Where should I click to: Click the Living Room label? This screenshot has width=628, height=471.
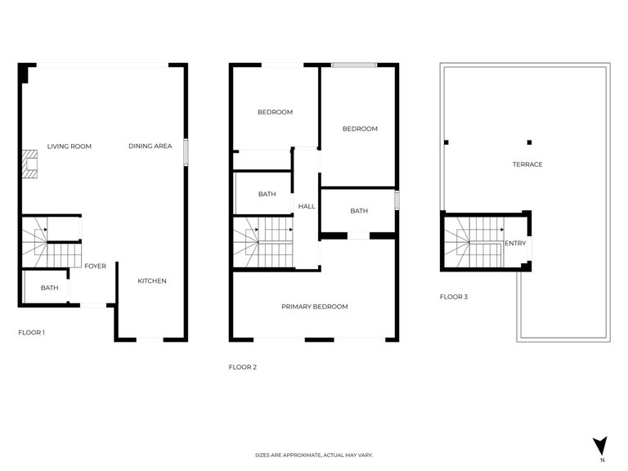[x=69, y=146]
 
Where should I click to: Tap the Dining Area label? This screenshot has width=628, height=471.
[x=150, y=146]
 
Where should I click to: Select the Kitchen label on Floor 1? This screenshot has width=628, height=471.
[x=151, y=281]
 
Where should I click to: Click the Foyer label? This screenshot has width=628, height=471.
[x=95, y=266]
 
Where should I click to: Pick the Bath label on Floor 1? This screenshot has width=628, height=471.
[x=49, y=288]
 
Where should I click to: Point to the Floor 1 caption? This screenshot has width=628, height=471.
[x=32, y=333]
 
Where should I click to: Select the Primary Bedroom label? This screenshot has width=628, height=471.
[x=314, y=307]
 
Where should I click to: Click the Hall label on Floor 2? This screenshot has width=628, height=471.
[x=307, y=207]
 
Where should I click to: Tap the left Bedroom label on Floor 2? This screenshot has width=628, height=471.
[x=275, y=112]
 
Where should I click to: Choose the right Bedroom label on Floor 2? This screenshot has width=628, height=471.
[x=360, y=128]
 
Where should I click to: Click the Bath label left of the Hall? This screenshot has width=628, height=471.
[x=267, y=195]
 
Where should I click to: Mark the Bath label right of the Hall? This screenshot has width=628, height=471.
[x=359, y=211]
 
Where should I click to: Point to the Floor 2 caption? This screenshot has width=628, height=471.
[x=243, y=367]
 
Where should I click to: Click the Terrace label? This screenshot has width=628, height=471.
[x=527, y=164]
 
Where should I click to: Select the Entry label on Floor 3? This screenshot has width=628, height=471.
[x=515, y=243]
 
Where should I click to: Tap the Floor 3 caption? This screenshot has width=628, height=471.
[x=454, y=297]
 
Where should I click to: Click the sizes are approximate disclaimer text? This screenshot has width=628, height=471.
[x=314, y=455]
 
